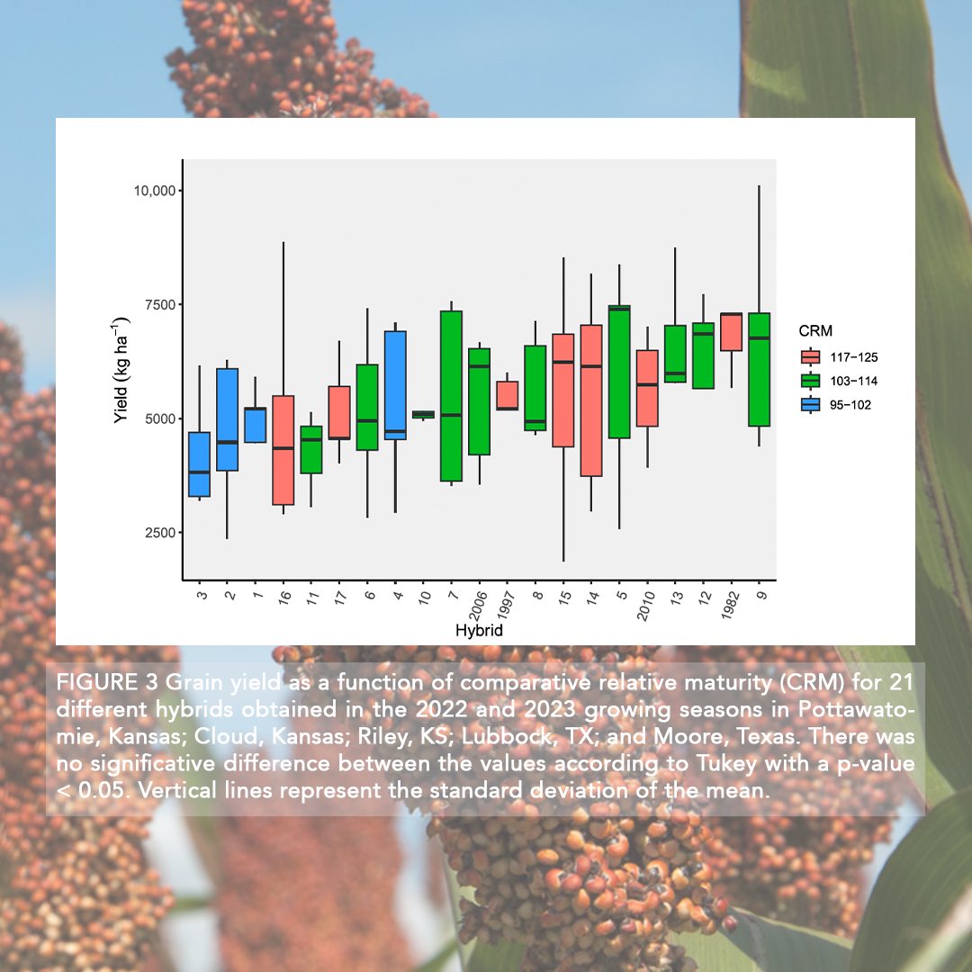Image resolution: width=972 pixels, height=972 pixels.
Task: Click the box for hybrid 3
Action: [200, 464]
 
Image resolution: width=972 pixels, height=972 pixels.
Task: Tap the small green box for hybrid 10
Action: [422, 414]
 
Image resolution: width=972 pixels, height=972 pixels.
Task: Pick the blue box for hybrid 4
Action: [395, 385]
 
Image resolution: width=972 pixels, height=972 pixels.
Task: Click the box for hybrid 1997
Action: [507, 395]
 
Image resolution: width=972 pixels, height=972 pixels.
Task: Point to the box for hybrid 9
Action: [759, 369]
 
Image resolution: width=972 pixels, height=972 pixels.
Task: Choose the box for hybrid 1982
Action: [731, 332]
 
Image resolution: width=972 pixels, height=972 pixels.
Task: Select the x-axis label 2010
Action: [645, 605]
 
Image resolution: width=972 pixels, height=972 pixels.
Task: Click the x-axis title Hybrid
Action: [479, 631]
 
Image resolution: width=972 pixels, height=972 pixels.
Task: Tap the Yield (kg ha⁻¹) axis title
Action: [122, 370]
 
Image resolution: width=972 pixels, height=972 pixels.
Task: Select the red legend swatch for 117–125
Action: [811, 357]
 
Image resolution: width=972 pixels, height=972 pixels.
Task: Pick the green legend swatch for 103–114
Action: [811, 382]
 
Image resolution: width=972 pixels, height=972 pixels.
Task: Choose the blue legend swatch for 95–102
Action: [811, 405]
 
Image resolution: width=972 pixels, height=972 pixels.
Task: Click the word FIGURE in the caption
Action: [86, 679]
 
